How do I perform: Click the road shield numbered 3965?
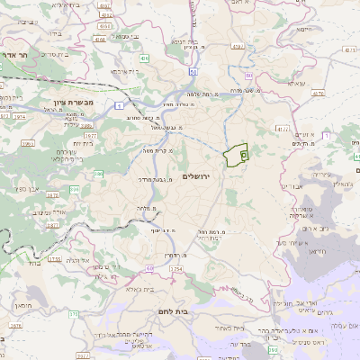click(28, 144)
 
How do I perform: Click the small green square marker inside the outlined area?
click(244, 155)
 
